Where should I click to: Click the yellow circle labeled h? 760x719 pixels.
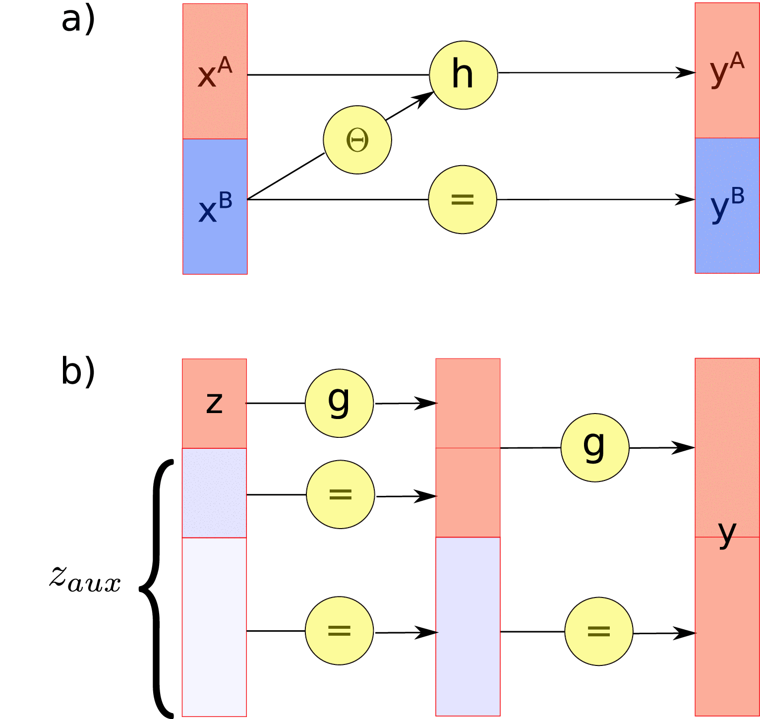463,75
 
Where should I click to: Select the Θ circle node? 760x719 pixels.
357,140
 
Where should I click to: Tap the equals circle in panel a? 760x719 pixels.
462,199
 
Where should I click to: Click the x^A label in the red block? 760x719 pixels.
215,73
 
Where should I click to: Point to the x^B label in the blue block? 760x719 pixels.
215,207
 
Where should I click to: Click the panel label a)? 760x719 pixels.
78,21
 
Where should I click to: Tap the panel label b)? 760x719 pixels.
78,371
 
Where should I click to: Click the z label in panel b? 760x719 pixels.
214,402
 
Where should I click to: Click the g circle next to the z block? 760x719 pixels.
339,403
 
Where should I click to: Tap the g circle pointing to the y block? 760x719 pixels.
594,447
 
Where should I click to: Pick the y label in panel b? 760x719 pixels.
727,534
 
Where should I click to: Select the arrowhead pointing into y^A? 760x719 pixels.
687,72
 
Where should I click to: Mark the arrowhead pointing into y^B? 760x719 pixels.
687,199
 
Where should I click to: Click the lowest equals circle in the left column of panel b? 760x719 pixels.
339,630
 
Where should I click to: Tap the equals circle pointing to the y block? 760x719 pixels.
598,631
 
